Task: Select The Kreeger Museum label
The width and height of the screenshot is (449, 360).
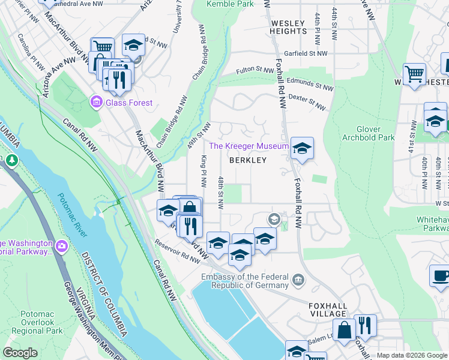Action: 249,146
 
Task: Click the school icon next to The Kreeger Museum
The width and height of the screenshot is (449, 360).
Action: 301,148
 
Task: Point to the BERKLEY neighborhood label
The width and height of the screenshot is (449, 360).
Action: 247,160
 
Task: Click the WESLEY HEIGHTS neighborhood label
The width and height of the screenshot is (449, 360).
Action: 289,27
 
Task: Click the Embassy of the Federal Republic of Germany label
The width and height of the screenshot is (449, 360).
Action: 244,280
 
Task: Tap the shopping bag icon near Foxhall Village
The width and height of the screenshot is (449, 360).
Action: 345,330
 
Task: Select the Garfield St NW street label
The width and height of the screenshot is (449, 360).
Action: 306,53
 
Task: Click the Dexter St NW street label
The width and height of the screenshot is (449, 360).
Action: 307,101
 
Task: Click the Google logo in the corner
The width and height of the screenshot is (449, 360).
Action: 20,353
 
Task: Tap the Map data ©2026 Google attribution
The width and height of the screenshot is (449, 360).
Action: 412,355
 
